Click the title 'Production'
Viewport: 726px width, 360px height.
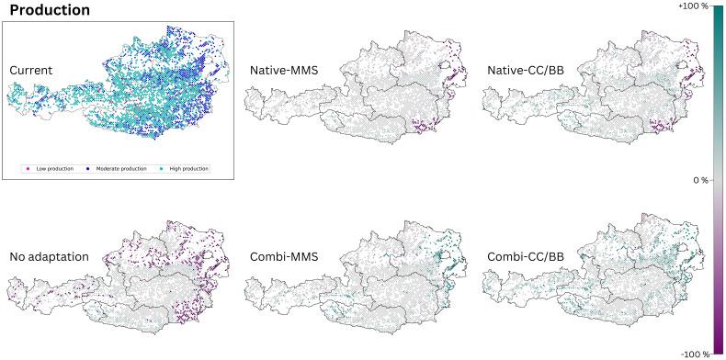tap(50, 10)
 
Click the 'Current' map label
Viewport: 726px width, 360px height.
tap(31, 71)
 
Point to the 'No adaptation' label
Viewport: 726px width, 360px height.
tap(49, 256)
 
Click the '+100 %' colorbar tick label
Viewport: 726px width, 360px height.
tap(692, 6)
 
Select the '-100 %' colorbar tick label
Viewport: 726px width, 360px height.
tap(694, 354)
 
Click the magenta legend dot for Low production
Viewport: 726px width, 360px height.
tap(31, 169)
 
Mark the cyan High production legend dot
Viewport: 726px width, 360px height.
tap(161, 169)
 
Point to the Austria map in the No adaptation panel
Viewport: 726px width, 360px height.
tap(138, 276)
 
